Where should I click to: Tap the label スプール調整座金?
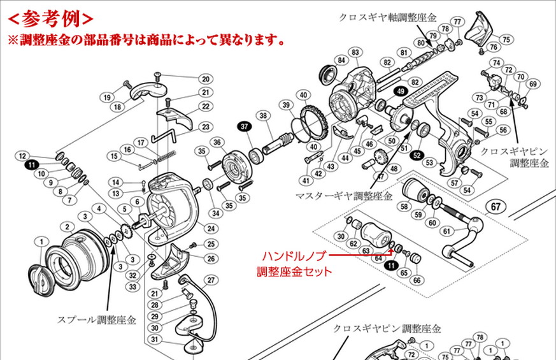(97, 320)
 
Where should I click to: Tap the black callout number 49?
(400, 92)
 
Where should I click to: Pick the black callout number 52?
(417, 155)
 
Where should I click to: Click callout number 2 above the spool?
(65, 226)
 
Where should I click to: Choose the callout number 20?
(205, 79)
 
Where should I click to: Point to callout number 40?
(304, 96)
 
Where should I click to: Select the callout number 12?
(22, 155)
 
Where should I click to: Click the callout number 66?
(417, 280)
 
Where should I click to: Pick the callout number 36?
(217, 142)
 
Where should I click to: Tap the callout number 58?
(403, 206)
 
